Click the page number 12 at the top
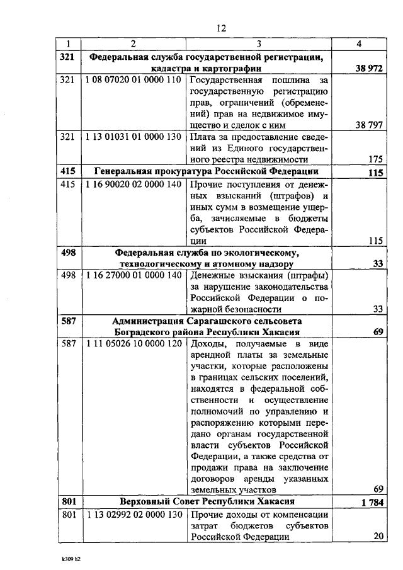220,28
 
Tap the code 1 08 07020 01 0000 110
133,81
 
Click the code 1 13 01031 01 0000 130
133,137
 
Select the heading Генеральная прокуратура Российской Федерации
207,171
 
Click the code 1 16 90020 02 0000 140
133,184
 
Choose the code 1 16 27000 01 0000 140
133,275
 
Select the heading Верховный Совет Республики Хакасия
208,502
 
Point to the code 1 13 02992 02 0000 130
133,514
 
